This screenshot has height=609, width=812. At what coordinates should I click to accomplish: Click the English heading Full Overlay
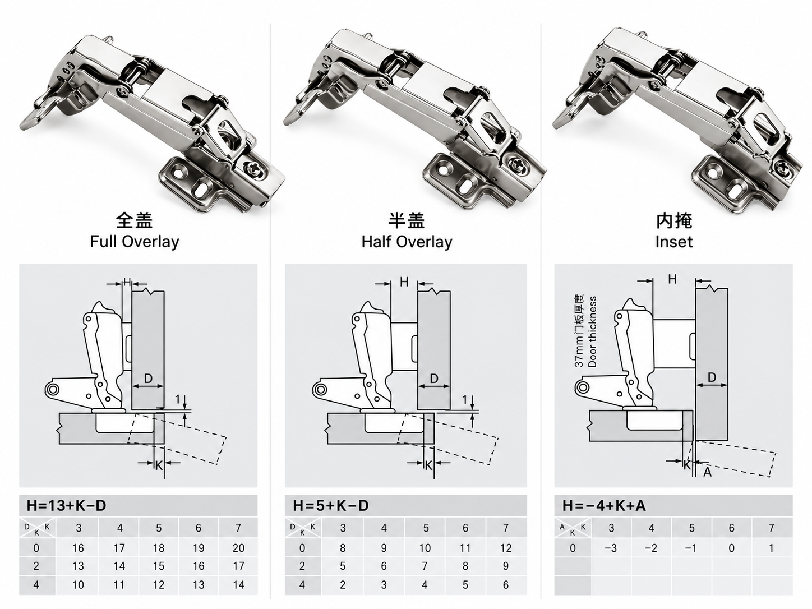(135, 242)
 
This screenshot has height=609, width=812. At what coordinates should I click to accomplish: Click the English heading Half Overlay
(407, 242)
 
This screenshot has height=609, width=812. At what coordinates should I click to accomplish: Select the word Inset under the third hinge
(673, 242)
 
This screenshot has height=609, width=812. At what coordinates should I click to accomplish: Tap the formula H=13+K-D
(67, 505)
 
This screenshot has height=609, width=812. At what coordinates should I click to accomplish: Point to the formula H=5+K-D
(331, 505)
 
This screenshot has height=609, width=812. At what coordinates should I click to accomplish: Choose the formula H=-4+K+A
(604, 505)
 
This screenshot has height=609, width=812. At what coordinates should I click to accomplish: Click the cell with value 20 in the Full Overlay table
(238, 548)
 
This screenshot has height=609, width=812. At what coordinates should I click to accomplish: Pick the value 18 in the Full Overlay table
(159, 548)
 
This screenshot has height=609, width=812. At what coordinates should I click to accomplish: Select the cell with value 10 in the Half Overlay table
(425, 548)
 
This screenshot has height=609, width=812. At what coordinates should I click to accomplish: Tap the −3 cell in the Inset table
(611, 548)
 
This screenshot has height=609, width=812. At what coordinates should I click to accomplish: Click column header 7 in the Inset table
(771, 528)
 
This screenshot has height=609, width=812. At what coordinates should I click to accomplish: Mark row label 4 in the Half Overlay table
(302, 584)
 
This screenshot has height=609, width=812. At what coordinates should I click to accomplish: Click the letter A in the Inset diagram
(707, 472)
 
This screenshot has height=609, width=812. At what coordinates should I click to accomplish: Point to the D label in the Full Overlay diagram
(148, 379)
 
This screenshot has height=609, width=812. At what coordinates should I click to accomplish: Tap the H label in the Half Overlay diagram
(404, 282)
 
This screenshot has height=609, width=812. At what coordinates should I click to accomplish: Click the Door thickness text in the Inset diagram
(592, 331)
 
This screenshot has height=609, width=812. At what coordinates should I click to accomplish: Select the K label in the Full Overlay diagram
(159, 465)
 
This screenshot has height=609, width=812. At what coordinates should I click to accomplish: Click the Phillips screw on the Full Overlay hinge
(254, 168)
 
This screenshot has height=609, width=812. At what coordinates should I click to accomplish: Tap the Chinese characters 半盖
(407, 221)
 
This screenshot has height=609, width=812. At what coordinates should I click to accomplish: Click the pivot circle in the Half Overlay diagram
(320, 390)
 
